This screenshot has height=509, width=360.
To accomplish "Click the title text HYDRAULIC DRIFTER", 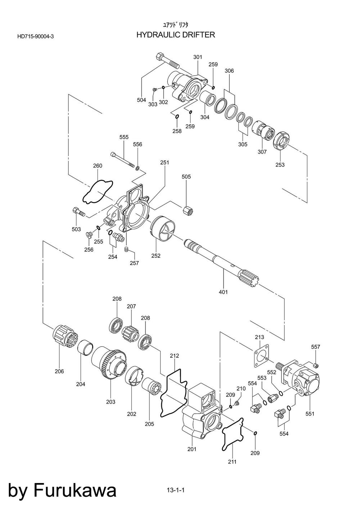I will pyautogui.click(x=176, y=35).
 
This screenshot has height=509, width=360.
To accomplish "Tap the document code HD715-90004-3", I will pyautogui.click(x=35, y=36).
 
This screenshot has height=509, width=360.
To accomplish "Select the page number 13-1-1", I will pyautogui.click(x=175, y=490).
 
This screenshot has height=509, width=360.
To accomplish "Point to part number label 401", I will pyautogui.click(x=223, y=292).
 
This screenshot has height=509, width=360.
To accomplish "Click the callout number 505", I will pyautogui.click(x=186, y=177).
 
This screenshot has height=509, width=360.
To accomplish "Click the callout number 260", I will pyautogui.click(x=98, y=166).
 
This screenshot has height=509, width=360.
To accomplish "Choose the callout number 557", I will pyautogui.click(x=316, y=347).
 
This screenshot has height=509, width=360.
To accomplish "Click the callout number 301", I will pyautogui.click(x=198, y=57).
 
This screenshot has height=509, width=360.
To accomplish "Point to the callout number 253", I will pyautogui.click(x=280, y=165).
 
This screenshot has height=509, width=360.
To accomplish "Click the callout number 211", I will pyautogui.click(x=232, y=462).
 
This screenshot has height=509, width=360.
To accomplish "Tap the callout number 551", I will pyautogui.click(x=310, y=414).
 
